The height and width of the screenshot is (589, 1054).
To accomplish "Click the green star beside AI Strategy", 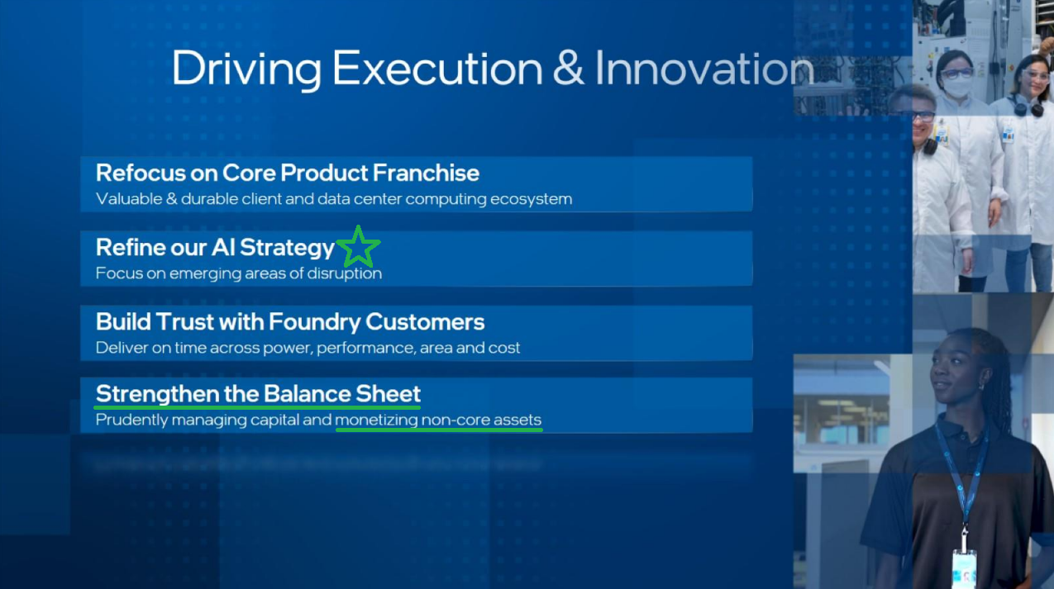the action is coord(358,247).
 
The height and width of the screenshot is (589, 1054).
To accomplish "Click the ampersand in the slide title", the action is coord(568,69).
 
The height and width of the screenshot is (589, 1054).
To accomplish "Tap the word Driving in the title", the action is coord(246,69).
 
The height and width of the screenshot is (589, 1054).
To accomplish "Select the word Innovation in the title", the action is coord(704,69).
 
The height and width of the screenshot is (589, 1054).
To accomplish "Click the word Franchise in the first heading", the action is coord(427,173).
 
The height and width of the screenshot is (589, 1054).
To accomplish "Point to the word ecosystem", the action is coord(531,199).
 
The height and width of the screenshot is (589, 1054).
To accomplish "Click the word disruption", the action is coord(345,273).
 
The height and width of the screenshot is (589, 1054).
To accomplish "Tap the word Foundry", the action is coord(315,322).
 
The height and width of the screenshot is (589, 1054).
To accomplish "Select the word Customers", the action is coord(425,322).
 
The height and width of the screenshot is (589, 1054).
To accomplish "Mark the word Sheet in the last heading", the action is coord(388,393).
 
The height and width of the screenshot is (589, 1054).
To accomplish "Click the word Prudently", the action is coord(131,420).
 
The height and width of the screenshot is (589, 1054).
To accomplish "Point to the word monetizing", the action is coord(376,420).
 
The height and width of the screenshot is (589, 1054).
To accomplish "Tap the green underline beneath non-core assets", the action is coord(439,430).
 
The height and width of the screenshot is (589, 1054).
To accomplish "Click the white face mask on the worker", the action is coord(957,87).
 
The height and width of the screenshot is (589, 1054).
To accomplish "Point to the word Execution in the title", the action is coord(437,69).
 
